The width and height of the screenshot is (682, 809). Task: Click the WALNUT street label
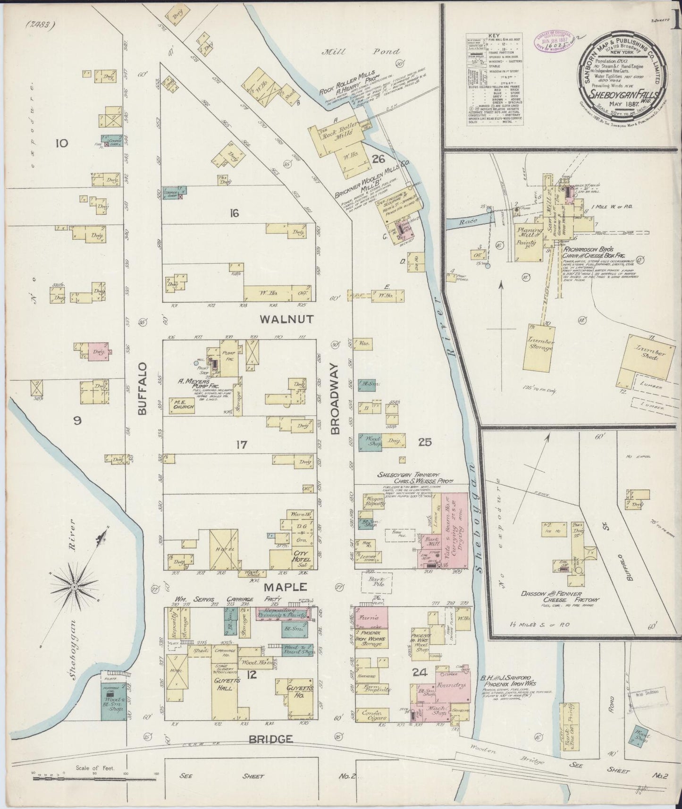pos(286,320)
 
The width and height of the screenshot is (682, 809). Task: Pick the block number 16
pos(234,213)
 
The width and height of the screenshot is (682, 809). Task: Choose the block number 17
pos(242,444)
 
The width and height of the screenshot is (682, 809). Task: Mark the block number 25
pos(425,442)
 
